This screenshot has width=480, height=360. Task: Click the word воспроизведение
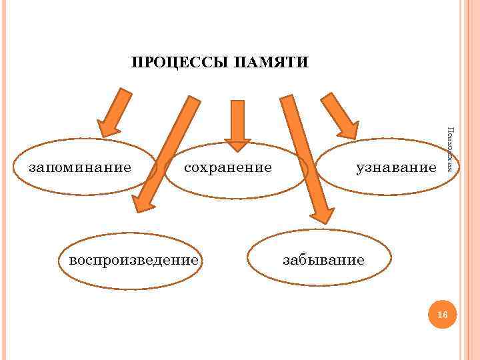(x=129, y=259)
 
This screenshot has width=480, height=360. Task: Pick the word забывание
(x=323, y=259)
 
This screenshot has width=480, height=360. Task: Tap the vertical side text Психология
(x=451, y=150)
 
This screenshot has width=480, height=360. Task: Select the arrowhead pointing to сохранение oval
(x=237, y=143)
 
